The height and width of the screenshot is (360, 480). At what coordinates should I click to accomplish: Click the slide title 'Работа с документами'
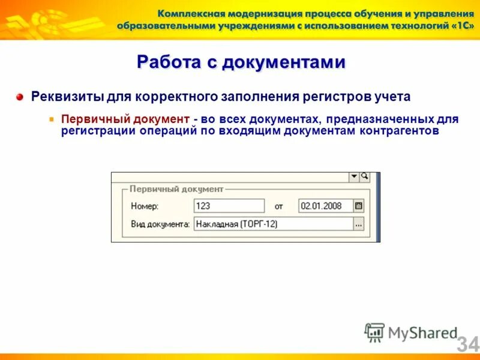[x=241, y=62]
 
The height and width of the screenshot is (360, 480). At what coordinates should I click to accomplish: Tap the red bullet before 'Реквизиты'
[x=20, y=96]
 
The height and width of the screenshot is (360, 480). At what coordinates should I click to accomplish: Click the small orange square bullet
[x=52, y=119]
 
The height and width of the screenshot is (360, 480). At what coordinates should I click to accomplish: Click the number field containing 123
[x=229, y=206]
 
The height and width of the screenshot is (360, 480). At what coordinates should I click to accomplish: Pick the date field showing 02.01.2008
[x=325, y=206]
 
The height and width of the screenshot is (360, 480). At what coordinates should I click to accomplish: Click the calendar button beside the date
[x=359, y=206]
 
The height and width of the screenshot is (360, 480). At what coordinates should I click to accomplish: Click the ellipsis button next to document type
[x=359, y=224]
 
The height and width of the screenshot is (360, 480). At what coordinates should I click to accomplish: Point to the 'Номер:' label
[x=145, y=206]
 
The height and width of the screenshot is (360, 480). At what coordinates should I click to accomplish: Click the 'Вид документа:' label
[x=160, y=224]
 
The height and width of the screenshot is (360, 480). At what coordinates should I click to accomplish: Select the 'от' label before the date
[x=278, y=206]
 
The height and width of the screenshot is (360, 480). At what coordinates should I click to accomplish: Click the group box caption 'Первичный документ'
[x=176, y=189]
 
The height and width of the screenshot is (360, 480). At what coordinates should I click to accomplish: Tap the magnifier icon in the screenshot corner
[x=364, y=176]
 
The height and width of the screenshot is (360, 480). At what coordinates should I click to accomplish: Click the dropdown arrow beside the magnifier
[x=353, y=176]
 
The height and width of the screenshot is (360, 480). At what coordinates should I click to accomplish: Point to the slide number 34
[x=468, y=344]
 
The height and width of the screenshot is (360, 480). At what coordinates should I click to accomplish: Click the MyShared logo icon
[x=374, y=332]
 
